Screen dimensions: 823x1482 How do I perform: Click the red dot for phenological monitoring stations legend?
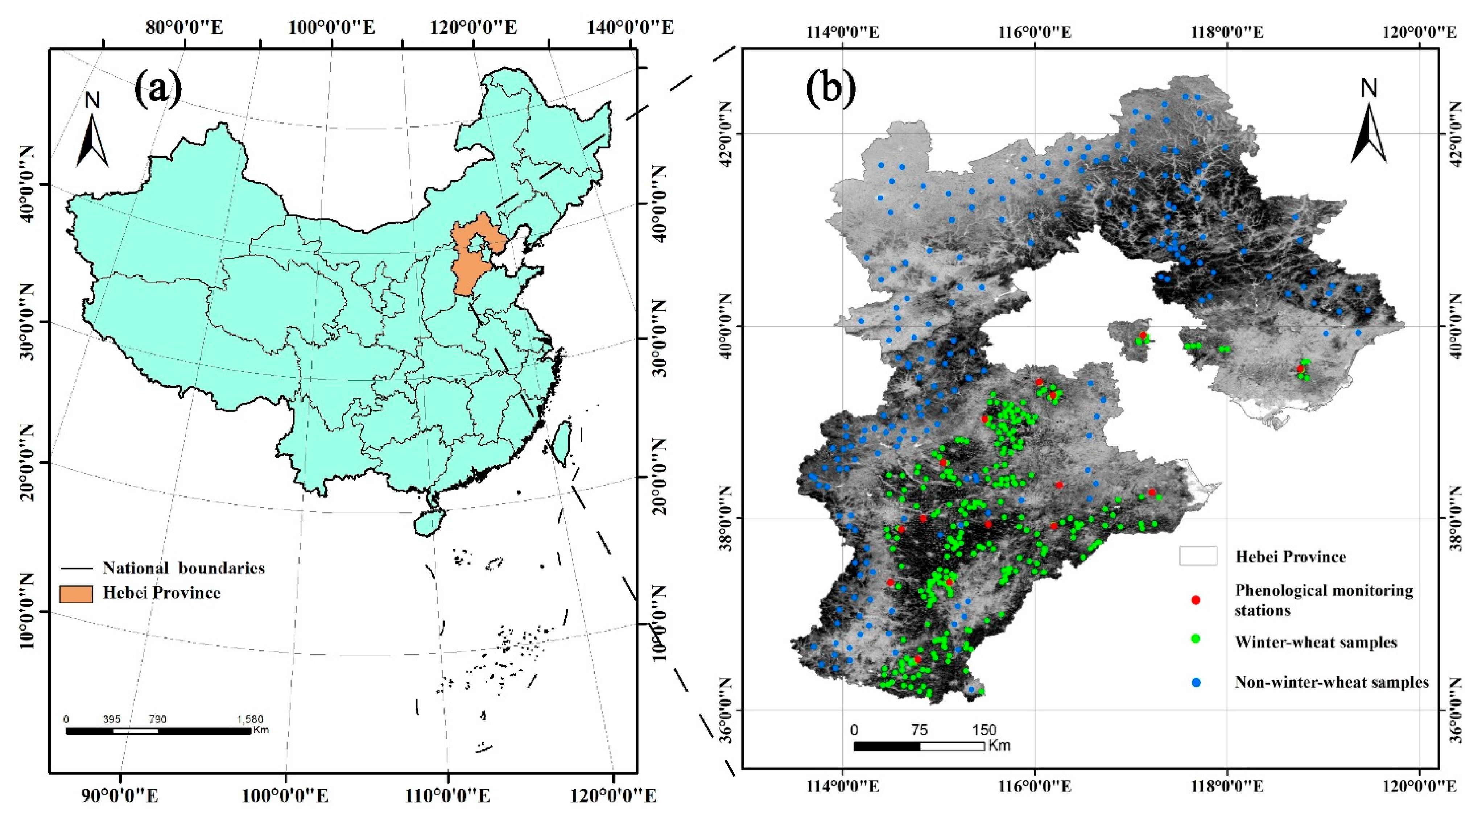[x=1196, y=600]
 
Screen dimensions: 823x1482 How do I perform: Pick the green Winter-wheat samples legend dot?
[x=1196, y=639]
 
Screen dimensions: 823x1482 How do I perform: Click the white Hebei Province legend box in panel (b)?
[x=1198, y=556]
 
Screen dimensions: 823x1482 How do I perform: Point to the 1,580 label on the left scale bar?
[x=250, y=719]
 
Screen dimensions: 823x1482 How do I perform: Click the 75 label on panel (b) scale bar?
[x=919, y=730]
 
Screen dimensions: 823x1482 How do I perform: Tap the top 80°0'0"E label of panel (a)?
[x=184, y=27]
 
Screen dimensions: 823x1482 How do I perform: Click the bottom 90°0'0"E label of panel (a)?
[x=120, y=795]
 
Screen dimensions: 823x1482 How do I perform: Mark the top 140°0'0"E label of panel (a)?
[x=629, y=27]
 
